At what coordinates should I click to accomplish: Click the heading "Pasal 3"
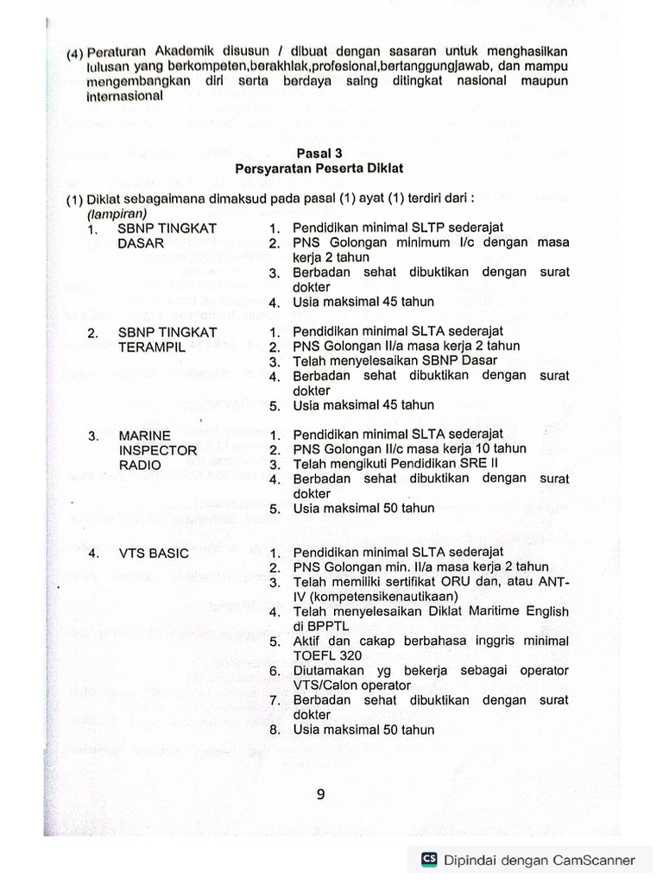click(319, 153)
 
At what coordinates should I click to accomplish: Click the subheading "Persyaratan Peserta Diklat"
click(319, 168)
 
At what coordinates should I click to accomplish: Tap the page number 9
click(320, 795)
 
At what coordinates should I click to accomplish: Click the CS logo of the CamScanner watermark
click(429, 859)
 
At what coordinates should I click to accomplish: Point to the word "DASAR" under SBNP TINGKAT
click(142, 243)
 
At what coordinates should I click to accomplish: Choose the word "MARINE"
click(144, 435)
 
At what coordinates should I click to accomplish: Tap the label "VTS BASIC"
click(153, 553)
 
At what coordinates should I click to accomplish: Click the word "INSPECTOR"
click(157, 450)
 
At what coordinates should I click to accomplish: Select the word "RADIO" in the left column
click(139, 465)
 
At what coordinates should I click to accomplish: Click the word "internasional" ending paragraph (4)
click(123, 96)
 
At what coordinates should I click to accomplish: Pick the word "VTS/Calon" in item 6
click(323, 685)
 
